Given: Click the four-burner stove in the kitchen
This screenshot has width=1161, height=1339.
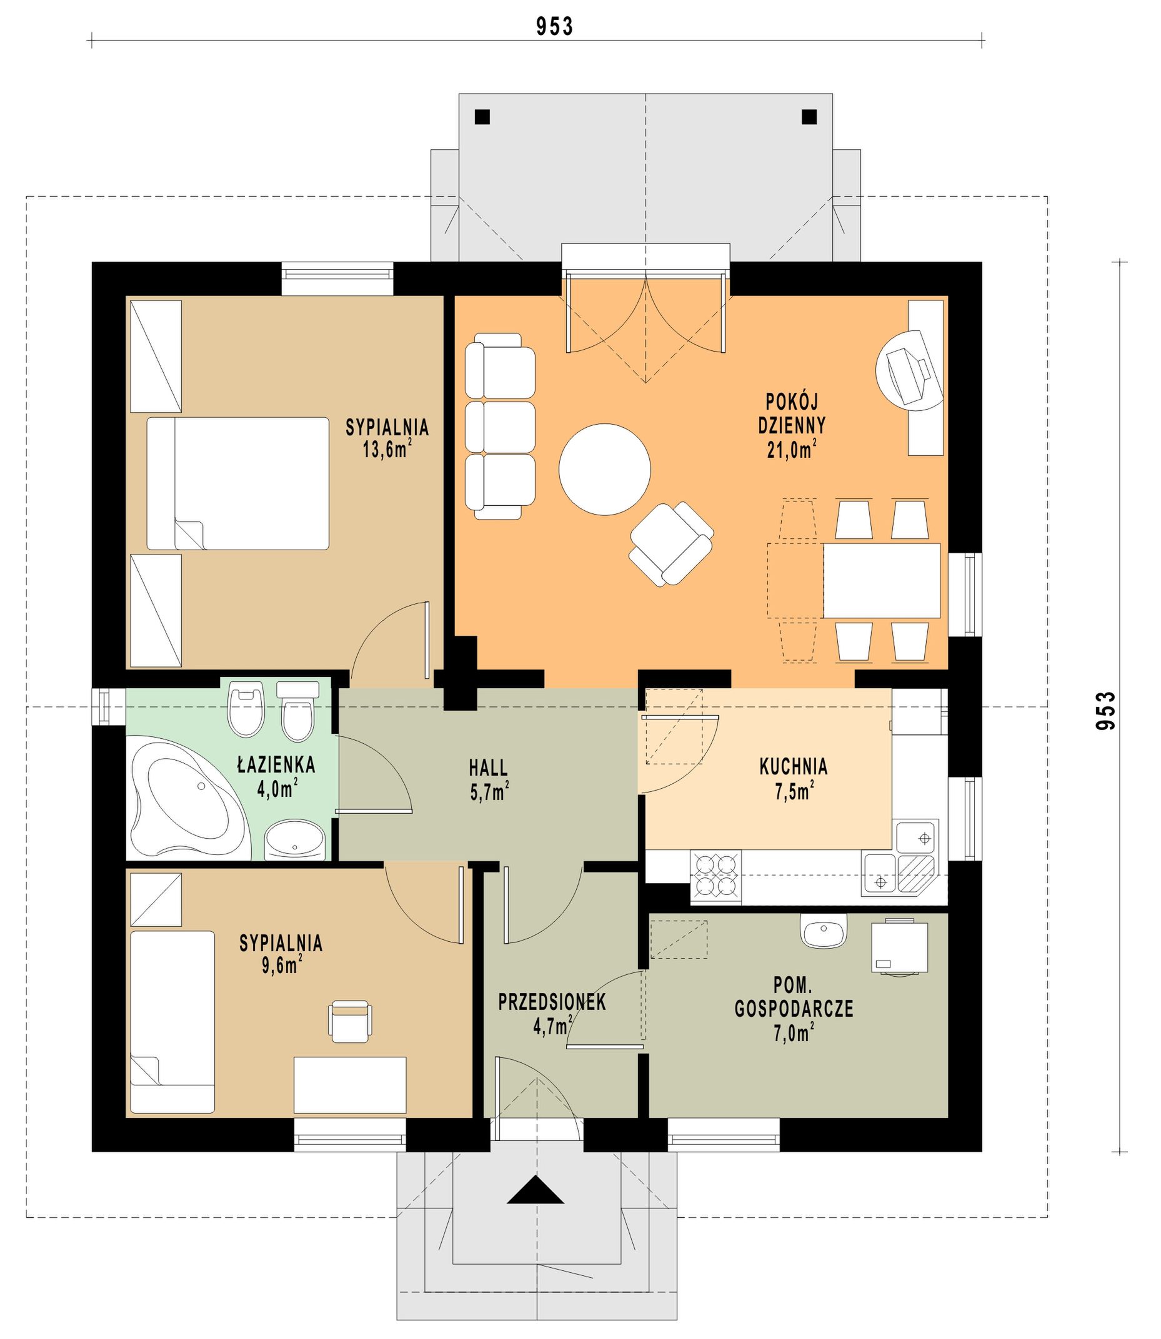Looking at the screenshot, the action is click(716, 877).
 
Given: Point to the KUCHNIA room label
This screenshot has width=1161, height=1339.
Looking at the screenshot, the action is click(794, 767).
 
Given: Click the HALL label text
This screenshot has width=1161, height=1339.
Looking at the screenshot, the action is click(489, 768).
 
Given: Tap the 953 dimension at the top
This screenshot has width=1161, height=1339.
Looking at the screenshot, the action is click(555, 27).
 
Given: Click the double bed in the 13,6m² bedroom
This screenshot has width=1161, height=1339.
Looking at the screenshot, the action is click(238, 483).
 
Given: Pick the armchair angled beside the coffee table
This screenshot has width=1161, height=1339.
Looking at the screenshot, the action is click(671, 545).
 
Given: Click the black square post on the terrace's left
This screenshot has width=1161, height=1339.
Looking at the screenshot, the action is click(481, 117).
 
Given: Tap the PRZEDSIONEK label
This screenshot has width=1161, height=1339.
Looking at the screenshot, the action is click(552, 1002).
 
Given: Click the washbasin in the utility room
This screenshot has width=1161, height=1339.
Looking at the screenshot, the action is click(824, 931).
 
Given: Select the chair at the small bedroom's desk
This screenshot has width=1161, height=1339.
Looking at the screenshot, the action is click(351, 1022).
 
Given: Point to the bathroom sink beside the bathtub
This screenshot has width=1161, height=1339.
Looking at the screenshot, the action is click(295, 840).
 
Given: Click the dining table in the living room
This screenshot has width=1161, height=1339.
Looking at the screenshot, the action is click(881, 581).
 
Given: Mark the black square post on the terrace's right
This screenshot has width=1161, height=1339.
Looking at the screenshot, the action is click(809, 117).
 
